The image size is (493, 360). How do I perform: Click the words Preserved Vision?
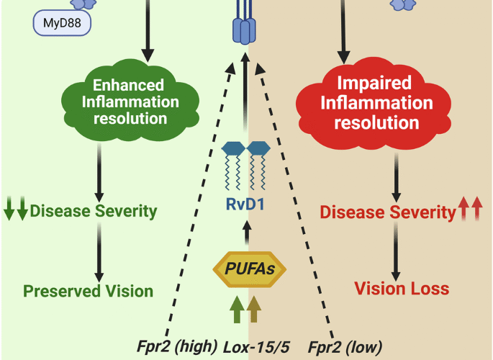click(88, 292)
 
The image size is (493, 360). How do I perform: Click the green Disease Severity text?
click(94, 211)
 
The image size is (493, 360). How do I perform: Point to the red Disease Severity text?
click(386, 212)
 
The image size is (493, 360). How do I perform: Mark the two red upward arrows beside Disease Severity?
click(470, 211)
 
